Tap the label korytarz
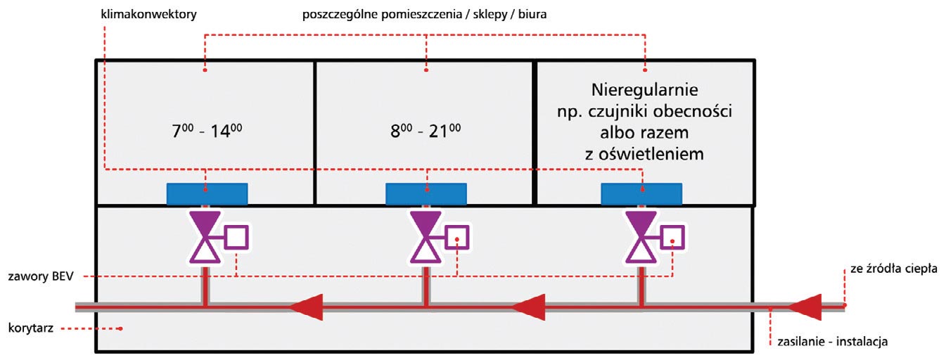(x=32, y=328)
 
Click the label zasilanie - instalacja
(x=833, y=342)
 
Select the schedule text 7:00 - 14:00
(x=205, y=131)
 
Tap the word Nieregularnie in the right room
(x=644, y=91)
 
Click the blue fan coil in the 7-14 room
(x=207, y=193)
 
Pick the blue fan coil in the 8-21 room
(x=427, y=193)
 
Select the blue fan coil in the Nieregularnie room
(x=641, y=193)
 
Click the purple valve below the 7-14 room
(x=205, y=237)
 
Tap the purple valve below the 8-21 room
(x=426, y=237)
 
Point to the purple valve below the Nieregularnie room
(x=641, y=237)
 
